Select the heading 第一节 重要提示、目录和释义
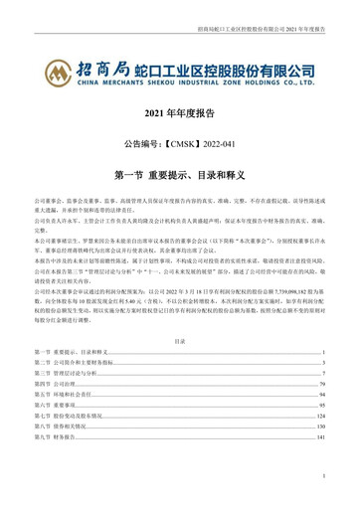[180, 173]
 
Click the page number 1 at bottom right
[324, 474]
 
